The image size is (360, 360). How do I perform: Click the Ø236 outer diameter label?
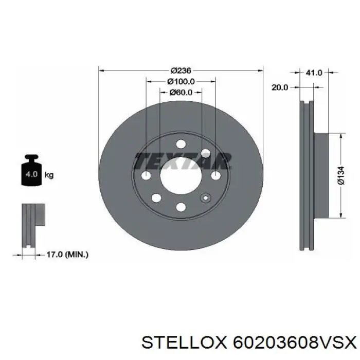[181, 70]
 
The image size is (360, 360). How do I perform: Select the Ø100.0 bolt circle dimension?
[181, 81]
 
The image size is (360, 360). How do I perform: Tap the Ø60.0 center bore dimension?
[181, 93]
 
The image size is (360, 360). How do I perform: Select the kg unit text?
[49, 175]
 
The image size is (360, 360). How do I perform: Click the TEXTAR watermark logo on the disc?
[181, 161]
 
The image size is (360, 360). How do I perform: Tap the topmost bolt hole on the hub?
[181, 145]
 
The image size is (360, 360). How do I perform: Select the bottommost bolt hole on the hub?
[181, 207]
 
